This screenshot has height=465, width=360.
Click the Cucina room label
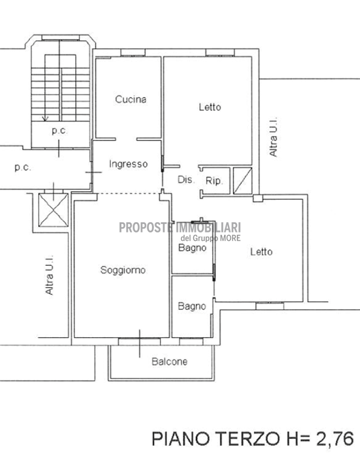pyautogui.click(x=130, y=99)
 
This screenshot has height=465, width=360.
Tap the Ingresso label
pyautogui.click(x=128, y=164)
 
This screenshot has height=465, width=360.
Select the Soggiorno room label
pyautogui.click(x=123, y=270)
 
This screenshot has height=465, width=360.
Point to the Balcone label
pyautogui.click(x=170, y=361)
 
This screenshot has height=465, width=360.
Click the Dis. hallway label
pyautogui.click(x=187, y=179)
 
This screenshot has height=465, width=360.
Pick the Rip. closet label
pyautogui.click(x=214, y=180)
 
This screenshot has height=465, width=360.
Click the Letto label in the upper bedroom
pyautogui.click(x=210, y=107)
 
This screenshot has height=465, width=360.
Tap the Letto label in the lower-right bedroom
pyautogui.click(x=261, y=252)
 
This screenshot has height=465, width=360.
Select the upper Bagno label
pyautogui.click(x=192, y=248)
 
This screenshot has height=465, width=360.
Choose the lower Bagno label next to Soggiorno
pyautogui.click(x=192, y=306)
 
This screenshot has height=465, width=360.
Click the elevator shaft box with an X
pyautogui.click(x=53, y=209)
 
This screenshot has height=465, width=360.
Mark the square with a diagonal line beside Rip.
pyautogui.click(x=242, y=181)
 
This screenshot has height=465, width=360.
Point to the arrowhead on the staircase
pyautogui.click(x=45, y=118)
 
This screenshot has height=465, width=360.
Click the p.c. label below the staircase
pyautogui.click(x=59, y=131)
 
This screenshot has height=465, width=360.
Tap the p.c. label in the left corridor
pyautogui.click(x=22, y=168)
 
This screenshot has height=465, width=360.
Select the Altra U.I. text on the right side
pyautogui.click(x=273, y=136)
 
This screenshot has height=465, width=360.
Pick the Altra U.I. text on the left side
pyautogui.click(x=49, y=275)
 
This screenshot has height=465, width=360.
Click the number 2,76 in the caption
pyautogui.click(x=335, y=439)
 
